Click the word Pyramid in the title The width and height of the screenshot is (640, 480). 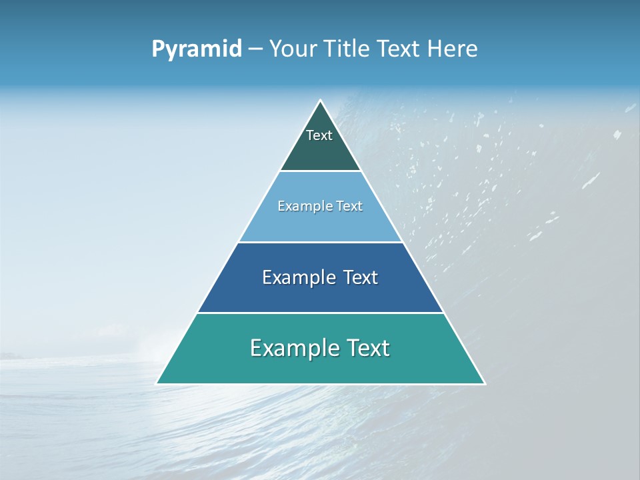pos(197,49)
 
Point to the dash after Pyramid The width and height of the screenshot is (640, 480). pos(255,49)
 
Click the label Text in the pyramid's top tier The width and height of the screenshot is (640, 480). pos(319,135)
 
